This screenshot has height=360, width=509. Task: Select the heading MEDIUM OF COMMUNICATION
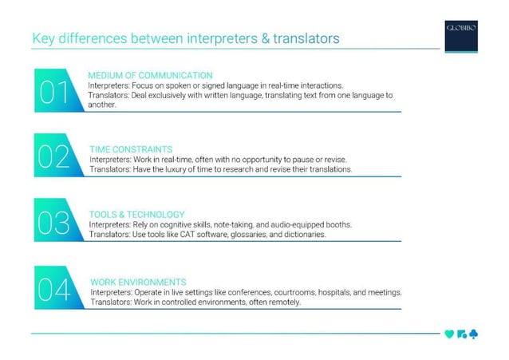click(x=150, y=75)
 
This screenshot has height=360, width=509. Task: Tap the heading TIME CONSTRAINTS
click(x=131, y=149)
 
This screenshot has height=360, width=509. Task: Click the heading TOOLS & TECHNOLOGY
click(x=137, y=215)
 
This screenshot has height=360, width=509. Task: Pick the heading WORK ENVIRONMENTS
click(x=138, y=282)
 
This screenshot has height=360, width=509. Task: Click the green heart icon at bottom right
click(x=449, y=334)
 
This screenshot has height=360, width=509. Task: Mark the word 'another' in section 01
click(x=101, y=104)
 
